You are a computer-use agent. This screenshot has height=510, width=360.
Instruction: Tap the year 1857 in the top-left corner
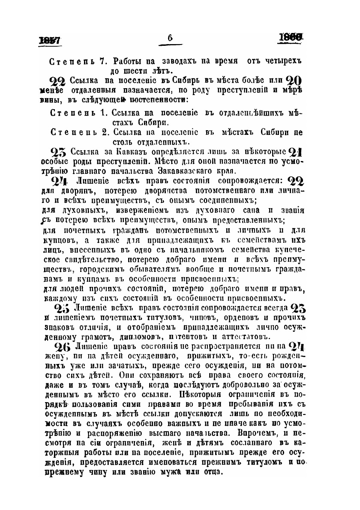50,40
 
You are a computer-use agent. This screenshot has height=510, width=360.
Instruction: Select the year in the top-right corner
291,39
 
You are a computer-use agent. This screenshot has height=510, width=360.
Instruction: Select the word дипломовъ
148,336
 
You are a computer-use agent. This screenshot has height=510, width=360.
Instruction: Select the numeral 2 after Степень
103,132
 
